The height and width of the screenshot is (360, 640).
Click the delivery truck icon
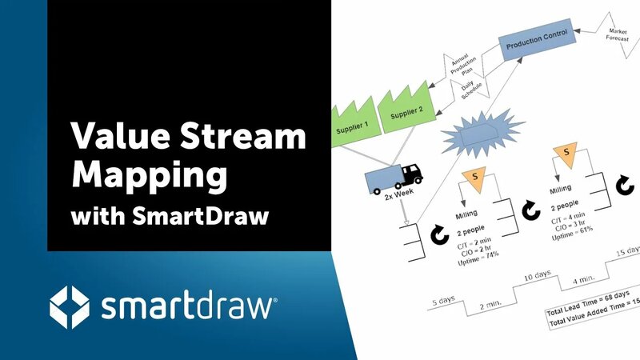pos(392,178)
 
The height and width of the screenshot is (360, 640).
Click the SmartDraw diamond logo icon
pos(70,306)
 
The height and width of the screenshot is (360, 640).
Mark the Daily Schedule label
pos(470,86)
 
